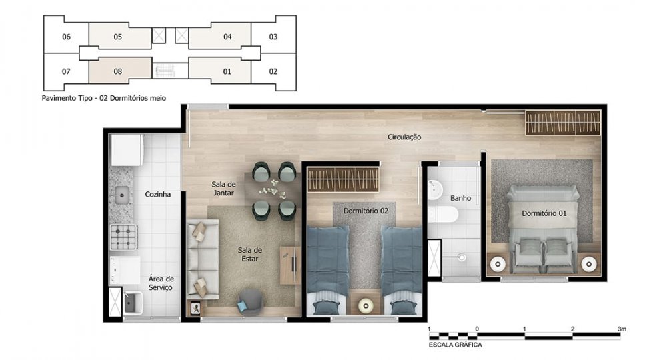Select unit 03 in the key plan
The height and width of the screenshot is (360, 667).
(273, 36)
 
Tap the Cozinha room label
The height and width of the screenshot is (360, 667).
(158, 194)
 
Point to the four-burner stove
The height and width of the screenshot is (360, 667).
(124, 237)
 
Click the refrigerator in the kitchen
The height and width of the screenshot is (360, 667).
(126, 150)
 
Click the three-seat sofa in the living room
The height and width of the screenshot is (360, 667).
(203, 259)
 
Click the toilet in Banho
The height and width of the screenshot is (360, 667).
(444, 215)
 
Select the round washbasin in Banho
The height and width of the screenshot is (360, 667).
(435, 189)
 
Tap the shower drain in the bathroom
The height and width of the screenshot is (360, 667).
(462, 257)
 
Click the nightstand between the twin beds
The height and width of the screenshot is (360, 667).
(365, 304)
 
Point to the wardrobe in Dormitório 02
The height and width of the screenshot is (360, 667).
(343, 179)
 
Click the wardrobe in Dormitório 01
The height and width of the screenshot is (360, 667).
(562, 123)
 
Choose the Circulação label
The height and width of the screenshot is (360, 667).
(404, 137)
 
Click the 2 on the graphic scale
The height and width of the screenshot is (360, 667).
(572, 329)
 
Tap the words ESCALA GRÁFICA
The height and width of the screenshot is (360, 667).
(455, 345)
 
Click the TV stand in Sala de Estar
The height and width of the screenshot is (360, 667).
(290, 265)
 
